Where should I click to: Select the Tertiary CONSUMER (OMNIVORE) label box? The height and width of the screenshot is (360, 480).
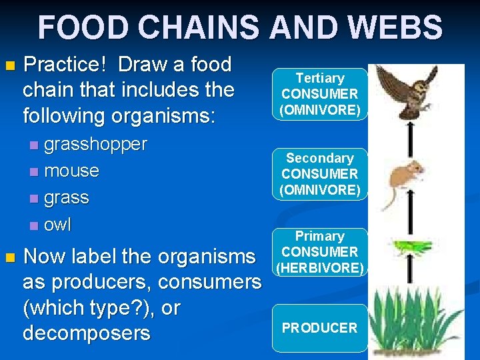click(319, 94)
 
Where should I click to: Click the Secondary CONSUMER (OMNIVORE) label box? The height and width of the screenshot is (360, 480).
click(319, 174)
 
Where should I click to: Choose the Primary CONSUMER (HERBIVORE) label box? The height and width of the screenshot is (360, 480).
click(319, 252)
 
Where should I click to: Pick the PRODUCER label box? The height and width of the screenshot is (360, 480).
click(319, 328)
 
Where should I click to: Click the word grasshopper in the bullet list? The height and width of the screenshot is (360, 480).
click(95, 144)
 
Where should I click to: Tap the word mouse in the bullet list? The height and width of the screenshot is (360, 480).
click(71, 171)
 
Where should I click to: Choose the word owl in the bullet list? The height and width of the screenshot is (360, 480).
click(57, 225)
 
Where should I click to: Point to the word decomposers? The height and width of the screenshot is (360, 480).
click(87, 333)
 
